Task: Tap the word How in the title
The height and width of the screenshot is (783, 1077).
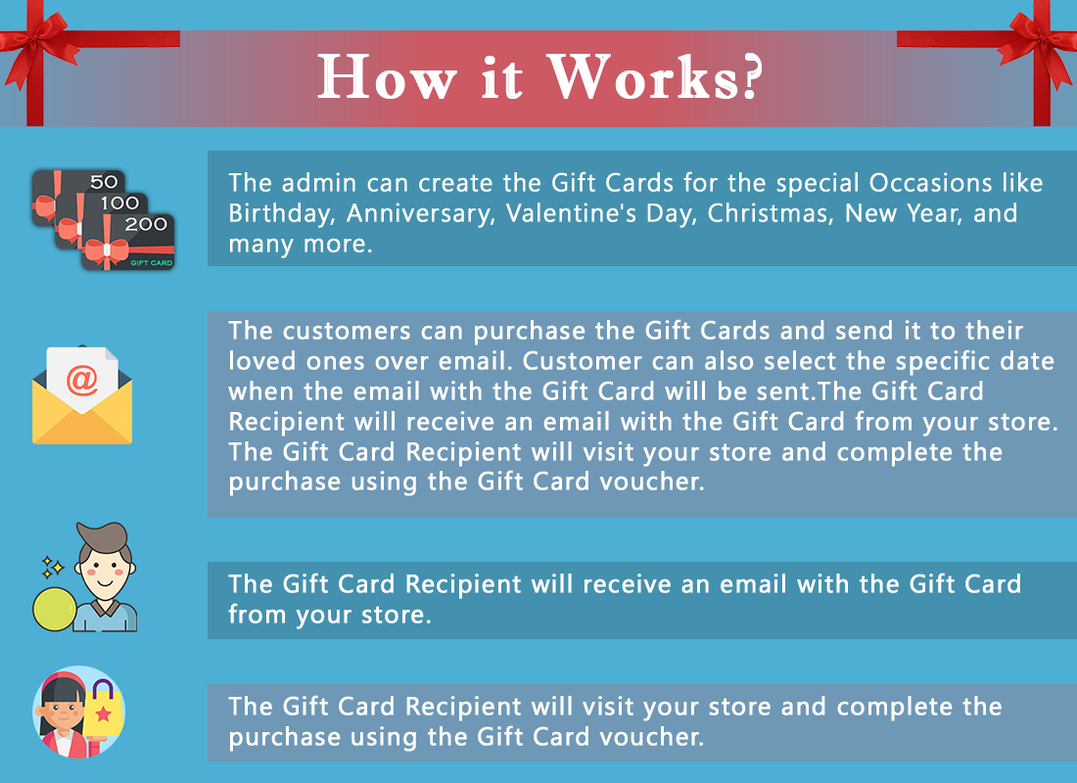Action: (387, 77)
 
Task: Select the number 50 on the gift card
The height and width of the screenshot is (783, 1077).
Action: (104, 182)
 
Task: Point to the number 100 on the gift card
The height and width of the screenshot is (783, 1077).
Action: (119, 204)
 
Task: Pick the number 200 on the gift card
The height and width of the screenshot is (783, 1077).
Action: (146, 224)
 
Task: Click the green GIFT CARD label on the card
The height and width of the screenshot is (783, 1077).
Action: (151, 262)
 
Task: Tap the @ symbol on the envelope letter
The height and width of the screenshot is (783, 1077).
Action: (81, 380)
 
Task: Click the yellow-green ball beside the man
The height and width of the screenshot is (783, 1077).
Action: (55, 609)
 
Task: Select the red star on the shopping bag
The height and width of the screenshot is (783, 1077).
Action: (103, 714)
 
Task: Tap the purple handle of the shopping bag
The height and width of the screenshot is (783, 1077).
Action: (103, 690)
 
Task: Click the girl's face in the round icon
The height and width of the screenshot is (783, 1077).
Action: (63, 714)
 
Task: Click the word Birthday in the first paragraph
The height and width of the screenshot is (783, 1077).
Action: (282, 213)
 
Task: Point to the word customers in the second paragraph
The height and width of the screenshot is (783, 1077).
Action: (347, 331)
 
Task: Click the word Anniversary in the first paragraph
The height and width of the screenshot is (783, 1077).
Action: (420, 213)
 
